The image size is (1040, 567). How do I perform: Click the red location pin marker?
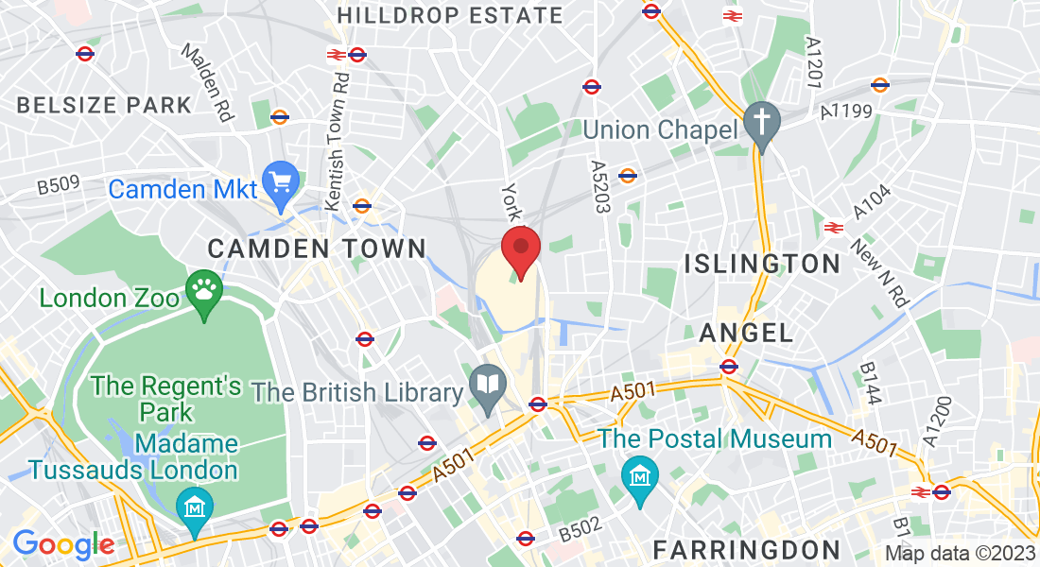coord(520,249)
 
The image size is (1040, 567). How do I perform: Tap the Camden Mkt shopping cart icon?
coord(281,180)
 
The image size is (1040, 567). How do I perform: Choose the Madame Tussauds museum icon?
coord(194,508)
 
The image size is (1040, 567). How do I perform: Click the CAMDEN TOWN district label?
coord(317,249)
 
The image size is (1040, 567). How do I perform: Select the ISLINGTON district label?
coord(762,263)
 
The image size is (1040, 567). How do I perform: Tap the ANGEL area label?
coord(746,333)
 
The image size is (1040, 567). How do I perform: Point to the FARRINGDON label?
coord(747,549)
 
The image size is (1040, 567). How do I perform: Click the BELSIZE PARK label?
coord(104,104)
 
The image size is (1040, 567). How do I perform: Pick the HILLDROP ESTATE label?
coord(449,15)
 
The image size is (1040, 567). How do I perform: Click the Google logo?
coord(63,544)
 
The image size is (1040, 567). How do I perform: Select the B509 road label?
coord(59,185)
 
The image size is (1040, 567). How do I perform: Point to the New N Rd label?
coord(879,275)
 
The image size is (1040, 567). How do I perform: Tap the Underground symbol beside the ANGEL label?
coord(728,367)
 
